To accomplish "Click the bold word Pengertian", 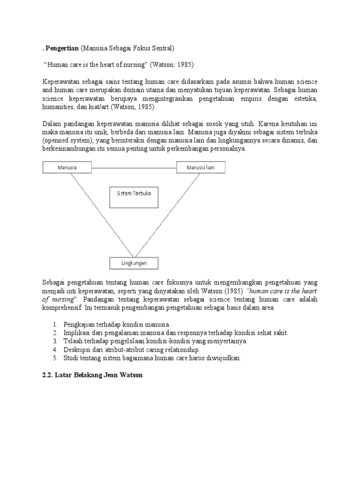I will click(62, 47).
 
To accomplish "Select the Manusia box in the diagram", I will click(67, 167).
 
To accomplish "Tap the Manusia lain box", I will click(201, 167).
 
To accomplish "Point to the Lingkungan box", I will click(134, 263).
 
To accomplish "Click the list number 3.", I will click(54, 341).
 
